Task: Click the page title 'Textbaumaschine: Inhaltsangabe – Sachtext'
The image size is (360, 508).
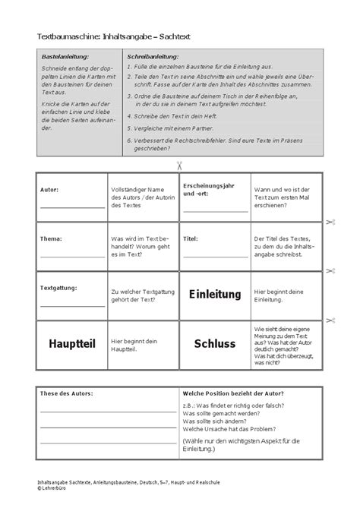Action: [115, 36]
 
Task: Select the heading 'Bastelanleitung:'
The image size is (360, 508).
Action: [65, 57]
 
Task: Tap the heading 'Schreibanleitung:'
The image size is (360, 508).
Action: [153, 57]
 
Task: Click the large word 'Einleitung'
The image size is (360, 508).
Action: [214, 294]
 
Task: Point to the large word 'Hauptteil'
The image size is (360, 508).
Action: [72, 343]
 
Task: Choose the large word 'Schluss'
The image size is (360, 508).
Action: [214, 343]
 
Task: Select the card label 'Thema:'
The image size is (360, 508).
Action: [50, 238]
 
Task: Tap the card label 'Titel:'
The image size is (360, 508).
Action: [191, 238]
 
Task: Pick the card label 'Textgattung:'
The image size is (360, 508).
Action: [59, 287]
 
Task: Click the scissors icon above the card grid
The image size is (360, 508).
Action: [179, 165]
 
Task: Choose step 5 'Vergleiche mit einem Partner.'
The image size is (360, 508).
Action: [173, 130]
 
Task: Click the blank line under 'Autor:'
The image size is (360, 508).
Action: [72, 207]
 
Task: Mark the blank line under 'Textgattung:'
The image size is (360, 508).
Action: [72, 305]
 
